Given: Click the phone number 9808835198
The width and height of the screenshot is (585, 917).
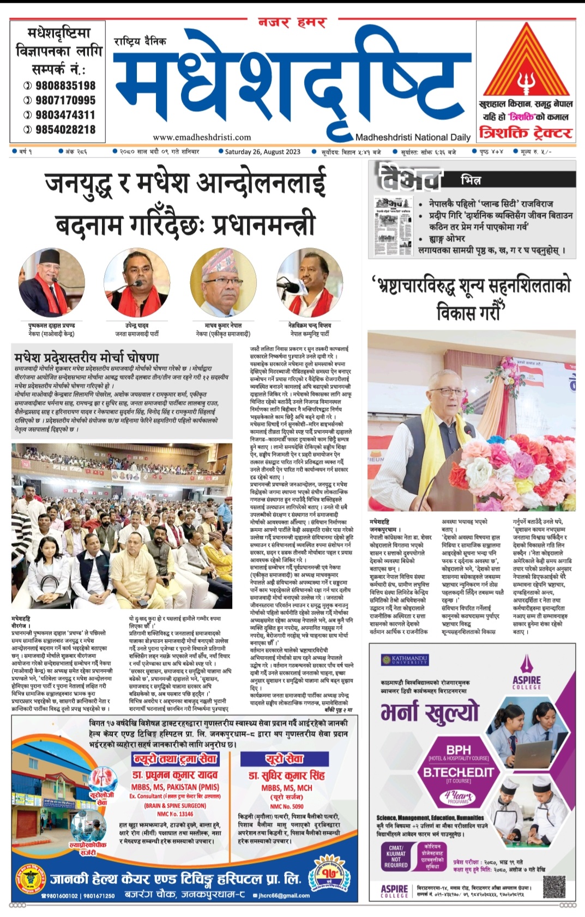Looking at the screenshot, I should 65,86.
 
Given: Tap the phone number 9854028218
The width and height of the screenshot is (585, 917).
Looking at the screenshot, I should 65,130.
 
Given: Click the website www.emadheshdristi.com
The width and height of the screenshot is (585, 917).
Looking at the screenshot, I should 202,137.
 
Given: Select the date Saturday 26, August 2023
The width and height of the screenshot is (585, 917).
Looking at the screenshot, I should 262,152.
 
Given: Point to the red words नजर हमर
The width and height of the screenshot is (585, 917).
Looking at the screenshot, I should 292,23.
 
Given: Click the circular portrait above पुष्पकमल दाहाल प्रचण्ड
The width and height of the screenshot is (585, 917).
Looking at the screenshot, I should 52,282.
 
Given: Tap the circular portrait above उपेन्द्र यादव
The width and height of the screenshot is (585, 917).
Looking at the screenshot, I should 137,282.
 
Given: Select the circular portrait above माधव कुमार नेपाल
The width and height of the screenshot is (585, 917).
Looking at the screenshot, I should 222,282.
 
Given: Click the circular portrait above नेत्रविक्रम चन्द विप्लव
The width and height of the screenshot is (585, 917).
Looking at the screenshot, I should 309,282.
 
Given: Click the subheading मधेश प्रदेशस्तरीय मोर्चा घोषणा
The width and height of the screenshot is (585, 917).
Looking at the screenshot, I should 87,357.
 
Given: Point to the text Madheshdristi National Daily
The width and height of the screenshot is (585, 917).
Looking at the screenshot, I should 413,137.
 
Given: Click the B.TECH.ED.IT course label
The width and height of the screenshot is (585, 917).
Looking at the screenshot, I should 458,772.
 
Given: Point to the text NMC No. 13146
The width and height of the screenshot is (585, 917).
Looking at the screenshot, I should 175,814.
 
